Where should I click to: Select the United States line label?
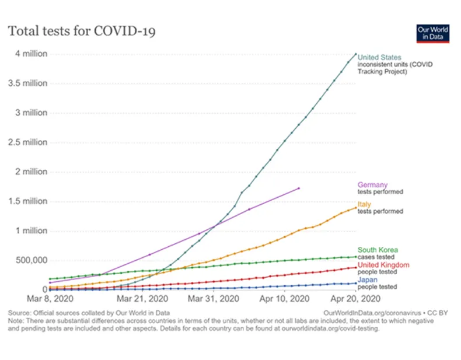379,57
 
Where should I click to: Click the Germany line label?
372,185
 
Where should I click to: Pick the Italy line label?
364,204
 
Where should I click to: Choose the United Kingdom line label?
383,265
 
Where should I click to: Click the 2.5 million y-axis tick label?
28,142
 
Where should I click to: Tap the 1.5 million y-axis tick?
28,201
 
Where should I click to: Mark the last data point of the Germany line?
299,188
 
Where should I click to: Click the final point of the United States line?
355,54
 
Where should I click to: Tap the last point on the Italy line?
355,207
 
